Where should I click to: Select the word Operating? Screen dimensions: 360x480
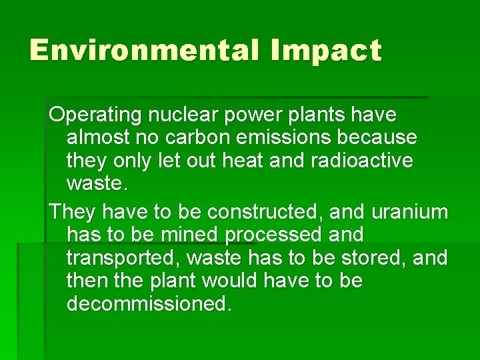pyautogui.click(x=95, y=115)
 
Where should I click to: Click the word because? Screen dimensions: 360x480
pyautogui.click(x=384, y=138)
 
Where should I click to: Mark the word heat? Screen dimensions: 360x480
pyautogui.click(x=284, y=161)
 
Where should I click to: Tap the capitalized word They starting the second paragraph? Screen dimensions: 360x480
pyautogui.click(x=71, y=212)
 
